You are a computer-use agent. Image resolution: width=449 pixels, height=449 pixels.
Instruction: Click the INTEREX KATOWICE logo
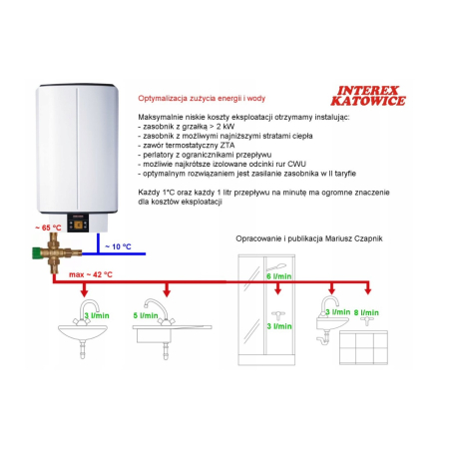coord(368,96)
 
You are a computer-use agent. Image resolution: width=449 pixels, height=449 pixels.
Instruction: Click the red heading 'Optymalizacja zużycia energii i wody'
coord(202,99)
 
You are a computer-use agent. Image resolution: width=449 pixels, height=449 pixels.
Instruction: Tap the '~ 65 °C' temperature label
coord(48,227)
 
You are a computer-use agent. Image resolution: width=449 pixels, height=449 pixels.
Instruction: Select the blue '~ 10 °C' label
coord(118,246)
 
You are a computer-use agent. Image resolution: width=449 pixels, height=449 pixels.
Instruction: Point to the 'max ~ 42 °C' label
coord(91,274)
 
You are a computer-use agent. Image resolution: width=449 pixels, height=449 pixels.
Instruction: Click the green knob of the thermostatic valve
coord(36,253)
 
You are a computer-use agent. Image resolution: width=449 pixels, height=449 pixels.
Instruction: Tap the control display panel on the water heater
coord(79,223)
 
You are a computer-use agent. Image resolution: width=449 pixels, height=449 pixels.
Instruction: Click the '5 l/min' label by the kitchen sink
coord(146,315)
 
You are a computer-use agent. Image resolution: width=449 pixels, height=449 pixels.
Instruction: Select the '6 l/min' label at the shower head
coord(279,276)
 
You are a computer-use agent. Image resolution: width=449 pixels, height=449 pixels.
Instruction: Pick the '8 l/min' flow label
coord(366,312)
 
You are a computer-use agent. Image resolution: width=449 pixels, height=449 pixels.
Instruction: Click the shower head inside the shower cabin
coord(276,266)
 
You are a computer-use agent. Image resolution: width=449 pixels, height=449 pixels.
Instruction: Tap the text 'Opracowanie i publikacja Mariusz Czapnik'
coord(309,238)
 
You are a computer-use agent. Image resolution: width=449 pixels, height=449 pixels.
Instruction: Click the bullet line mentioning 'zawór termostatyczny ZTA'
coord(187,146)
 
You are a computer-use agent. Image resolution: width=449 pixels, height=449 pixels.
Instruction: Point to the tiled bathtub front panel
coord(363,347)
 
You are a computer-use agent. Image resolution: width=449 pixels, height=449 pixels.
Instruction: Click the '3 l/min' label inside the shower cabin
coord(279,326)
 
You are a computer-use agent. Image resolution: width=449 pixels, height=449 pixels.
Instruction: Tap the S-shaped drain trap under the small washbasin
coord(323,338)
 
